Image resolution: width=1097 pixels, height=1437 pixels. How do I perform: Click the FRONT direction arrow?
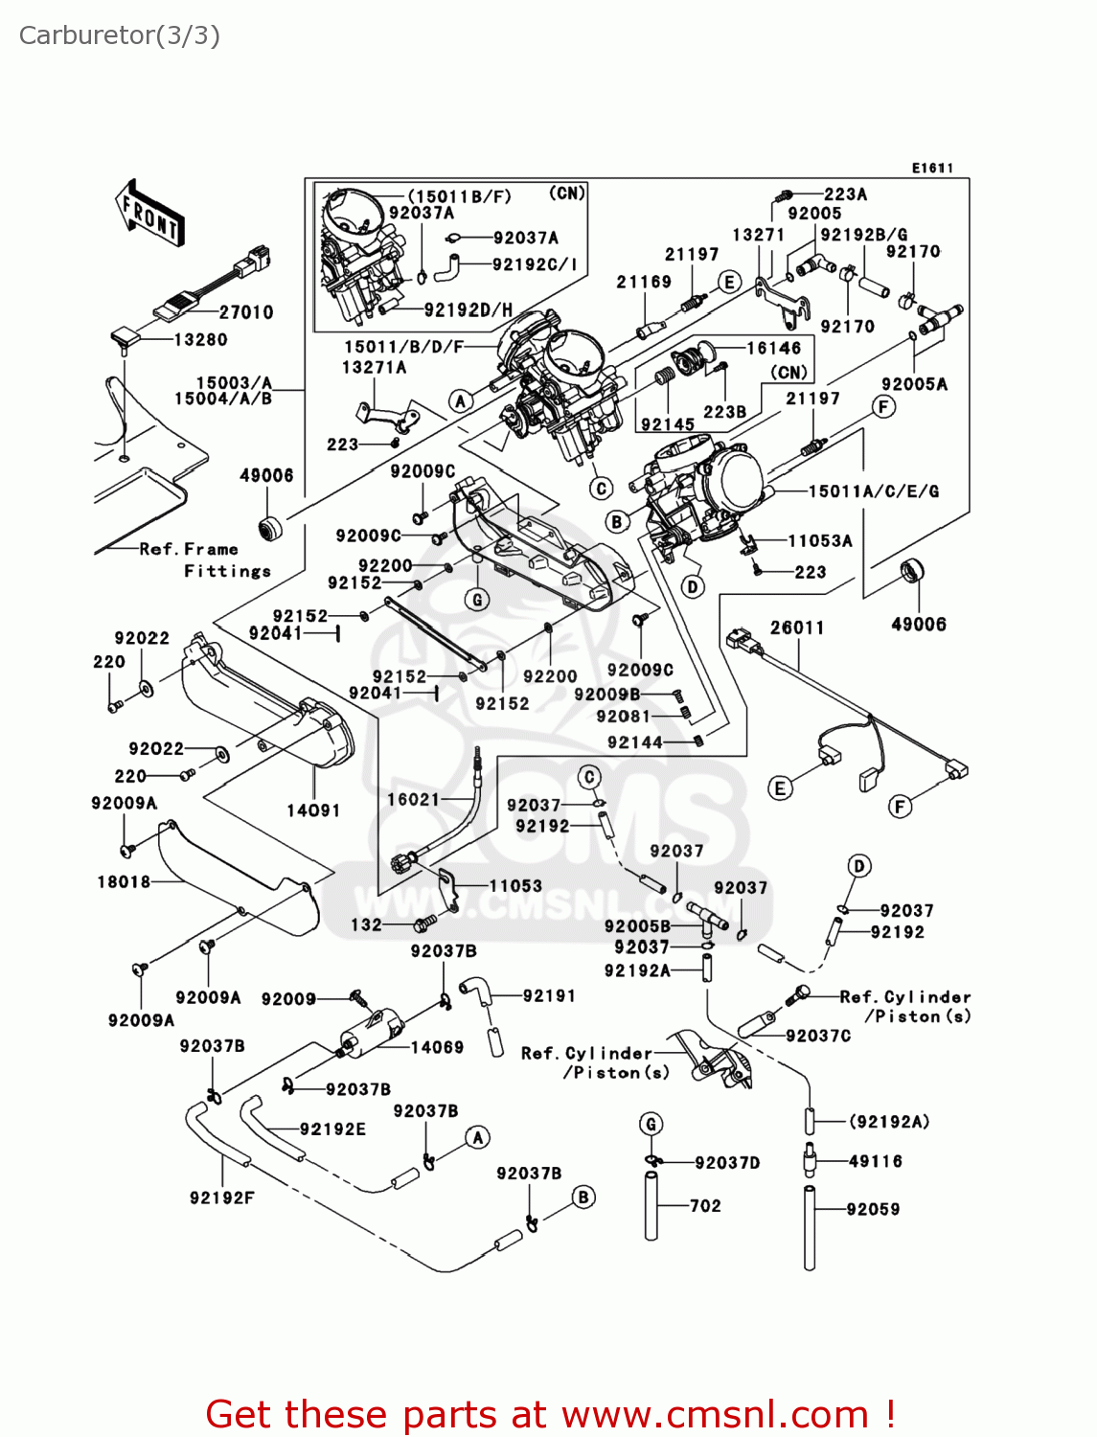pos(149,214)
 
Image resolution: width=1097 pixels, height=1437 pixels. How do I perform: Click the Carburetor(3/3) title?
pos(119,35)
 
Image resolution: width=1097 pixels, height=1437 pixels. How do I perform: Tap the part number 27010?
pos(246,312)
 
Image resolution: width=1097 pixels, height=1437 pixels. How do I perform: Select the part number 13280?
pos(200,340)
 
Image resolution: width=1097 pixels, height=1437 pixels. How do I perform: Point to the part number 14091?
pos(313,810)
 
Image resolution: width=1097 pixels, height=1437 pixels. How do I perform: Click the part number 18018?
pos(124,882)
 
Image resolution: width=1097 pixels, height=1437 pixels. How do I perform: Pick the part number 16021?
pos(413,799)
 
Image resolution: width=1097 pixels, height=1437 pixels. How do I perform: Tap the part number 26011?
pos(797,627)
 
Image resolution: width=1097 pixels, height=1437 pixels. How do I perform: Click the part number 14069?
pos(437,1047)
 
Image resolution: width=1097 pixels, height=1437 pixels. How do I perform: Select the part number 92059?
pos(873,1209)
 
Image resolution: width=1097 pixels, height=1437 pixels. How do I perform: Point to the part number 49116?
pos(876,1161)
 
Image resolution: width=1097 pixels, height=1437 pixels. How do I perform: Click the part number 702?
pos(705,1206)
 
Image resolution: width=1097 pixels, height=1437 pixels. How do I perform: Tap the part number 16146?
pos(774,348)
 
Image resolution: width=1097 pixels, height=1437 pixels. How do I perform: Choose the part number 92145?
pos(668,424)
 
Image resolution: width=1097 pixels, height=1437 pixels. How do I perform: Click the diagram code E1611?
pos(933,169)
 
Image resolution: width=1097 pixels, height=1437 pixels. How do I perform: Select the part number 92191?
pos(549,995)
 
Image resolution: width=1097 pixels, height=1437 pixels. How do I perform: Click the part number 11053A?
pos(820,540)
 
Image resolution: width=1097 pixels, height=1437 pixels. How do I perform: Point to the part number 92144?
pos(635,741)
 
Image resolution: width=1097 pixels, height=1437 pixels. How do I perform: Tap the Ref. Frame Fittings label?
pos(205,559)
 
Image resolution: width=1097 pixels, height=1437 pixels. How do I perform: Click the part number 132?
pos(367,924)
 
